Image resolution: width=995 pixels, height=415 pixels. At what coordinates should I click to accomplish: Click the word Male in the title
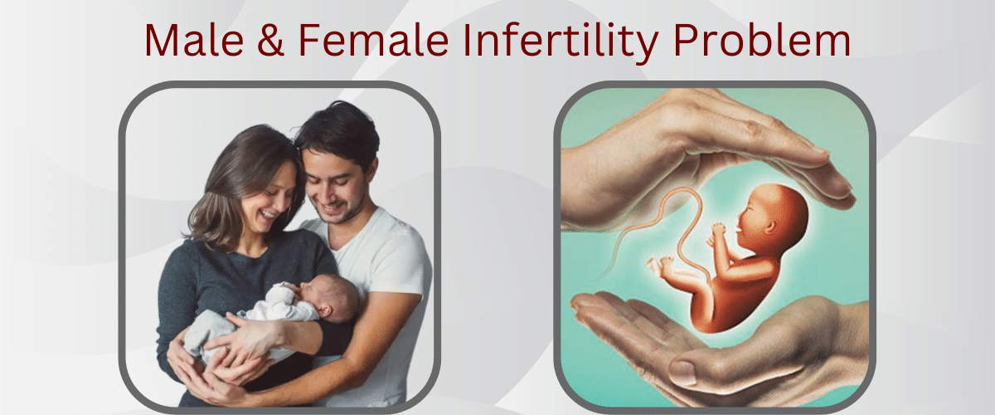pos(194,41)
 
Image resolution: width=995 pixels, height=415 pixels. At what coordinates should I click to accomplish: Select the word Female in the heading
pos(374,41)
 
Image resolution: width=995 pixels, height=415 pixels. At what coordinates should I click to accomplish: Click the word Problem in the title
pos(762,41)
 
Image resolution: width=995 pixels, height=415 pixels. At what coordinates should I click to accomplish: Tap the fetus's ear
pos(770,227)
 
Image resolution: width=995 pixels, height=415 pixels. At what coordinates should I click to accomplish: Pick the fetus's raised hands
pos(716,235)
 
